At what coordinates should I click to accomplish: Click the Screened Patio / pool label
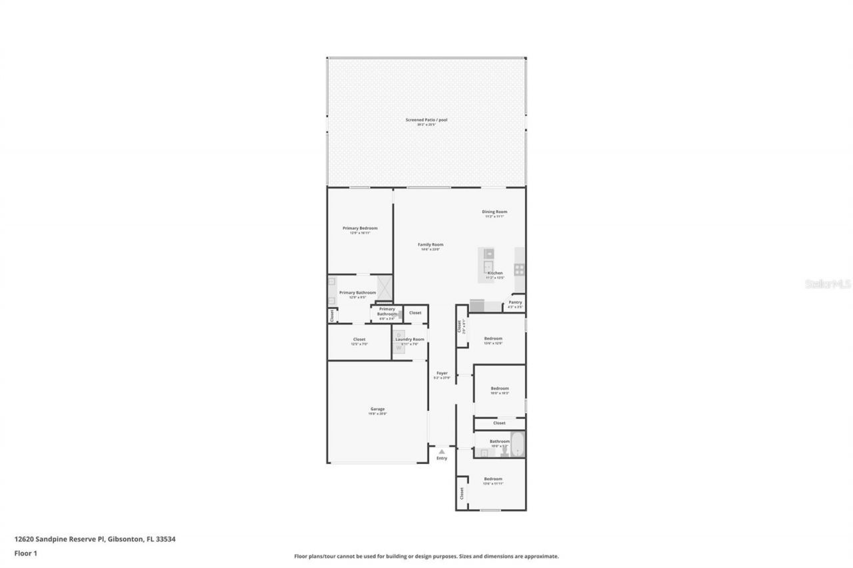[426, 120]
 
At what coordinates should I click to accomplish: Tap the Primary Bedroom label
[360, 228]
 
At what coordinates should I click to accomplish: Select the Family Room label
[430, 244]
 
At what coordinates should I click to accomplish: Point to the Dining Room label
[494, 212]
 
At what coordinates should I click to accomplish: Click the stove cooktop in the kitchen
[519, 269]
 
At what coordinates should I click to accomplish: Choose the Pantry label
[515, 302]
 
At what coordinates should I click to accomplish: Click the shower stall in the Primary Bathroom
[385, 287]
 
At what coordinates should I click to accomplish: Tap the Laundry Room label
[410, 340]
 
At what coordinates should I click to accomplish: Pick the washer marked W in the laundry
[399, 348]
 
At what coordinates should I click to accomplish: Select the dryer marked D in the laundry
[399, 335]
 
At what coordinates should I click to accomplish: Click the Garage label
[377, 409]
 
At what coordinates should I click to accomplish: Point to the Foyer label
[442, 373]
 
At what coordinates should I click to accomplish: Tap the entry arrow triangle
[441, 451]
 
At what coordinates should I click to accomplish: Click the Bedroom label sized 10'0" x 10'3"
[500, 388]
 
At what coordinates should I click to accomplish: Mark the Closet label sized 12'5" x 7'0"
[359, 340]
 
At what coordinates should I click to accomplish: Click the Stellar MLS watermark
[828, 284]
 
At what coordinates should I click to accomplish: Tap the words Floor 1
[26, 553]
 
